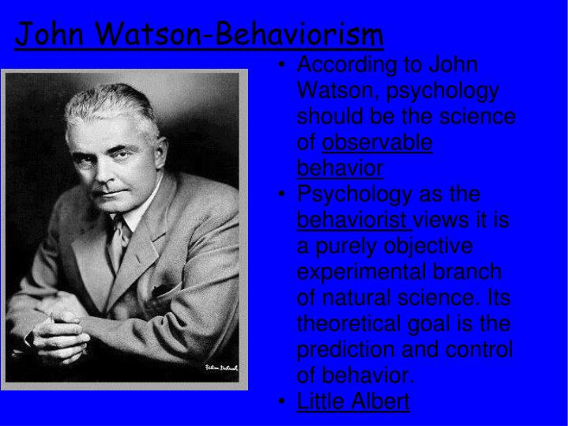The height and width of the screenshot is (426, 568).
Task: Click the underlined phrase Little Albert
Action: tap(353, 401)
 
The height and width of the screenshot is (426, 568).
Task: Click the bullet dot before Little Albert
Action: tap(283, 401)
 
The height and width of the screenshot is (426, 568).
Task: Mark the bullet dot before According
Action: tap(283, 65)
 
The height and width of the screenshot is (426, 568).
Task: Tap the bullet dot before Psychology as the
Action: tap(283, 194)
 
